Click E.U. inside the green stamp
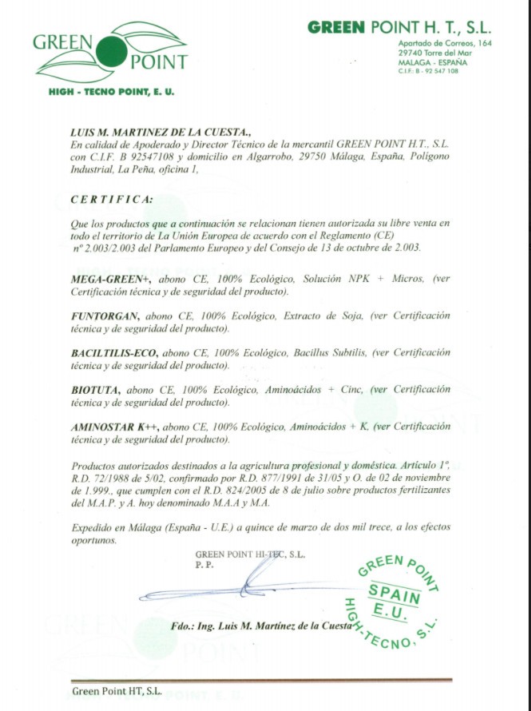(388, 612)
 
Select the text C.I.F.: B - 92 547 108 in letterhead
(427, 71)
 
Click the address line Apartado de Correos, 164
(445, 43)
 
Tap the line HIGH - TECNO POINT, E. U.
(111, 92)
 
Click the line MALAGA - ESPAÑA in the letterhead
(433, 62)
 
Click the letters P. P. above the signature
(205, 564)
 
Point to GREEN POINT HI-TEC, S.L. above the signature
(250, 554)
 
